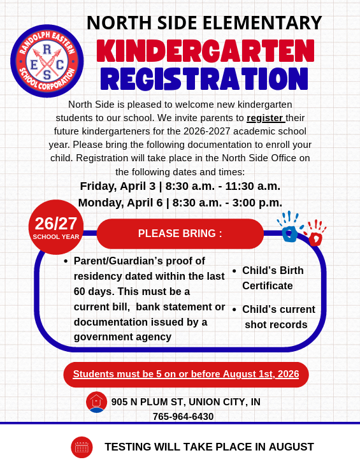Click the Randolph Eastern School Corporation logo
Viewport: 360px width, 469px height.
click(x=47, y=61)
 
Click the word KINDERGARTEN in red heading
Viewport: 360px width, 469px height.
click(x=205, y=52)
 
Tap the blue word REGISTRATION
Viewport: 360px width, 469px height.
click(x=205, y=79)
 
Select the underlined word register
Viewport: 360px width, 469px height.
click(x=264, y=117)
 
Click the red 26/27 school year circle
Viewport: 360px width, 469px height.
click(x=56, y=226)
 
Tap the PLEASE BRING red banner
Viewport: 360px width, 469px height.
click(x=180, y=233)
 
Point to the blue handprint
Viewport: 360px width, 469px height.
click(x=289, y=229)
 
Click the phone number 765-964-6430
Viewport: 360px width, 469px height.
click(x=183, y=416)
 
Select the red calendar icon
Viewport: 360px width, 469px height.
click(x=82, y=447)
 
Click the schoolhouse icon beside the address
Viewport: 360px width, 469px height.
click(x=96, y=401)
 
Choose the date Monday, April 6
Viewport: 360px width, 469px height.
click(x=119, y=203)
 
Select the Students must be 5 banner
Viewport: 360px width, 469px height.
click(x=185, y=374)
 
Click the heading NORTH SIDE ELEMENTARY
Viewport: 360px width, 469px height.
click(x=204, y=23)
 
